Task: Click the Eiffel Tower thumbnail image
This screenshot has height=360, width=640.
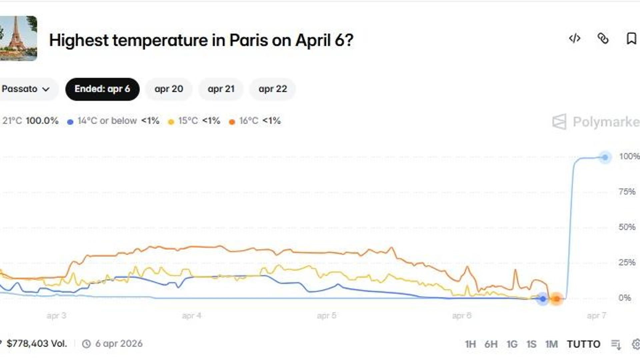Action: click(x=18, y=38)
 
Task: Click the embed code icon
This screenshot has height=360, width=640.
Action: click(x=575, y=39)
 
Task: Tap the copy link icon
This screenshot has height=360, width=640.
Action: click(x=603, y=39)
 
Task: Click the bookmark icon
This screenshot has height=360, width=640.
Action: click(x=631, y=39)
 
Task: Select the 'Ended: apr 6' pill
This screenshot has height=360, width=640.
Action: click(x=102, y=89)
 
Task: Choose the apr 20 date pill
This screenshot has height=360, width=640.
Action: click(x=169, y=89)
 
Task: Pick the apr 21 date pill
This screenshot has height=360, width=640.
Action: click(x=221, y=89)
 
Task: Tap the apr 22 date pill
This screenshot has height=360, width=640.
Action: click(x=273, y=89)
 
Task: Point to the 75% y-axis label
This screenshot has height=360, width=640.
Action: click(x=627, y=192)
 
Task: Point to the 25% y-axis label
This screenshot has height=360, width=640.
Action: click(x=627, y=262)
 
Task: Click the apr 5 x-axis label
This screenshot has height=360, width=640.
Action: click(x=326, y=316)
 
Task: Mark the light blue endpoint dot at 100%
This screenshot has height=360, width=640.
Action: click(x=605, y=157)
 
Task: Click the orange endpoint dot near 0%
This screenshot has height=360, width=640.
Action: click(x=556, y=299)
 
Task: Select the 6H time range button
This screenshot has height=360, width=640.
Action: click(x=491, y=344)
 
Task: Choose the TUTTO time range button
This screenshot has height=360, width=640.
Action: click(x=583, y=344)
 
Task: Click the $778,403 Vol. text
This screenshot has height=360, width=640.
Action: click(x=37, y=344)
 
